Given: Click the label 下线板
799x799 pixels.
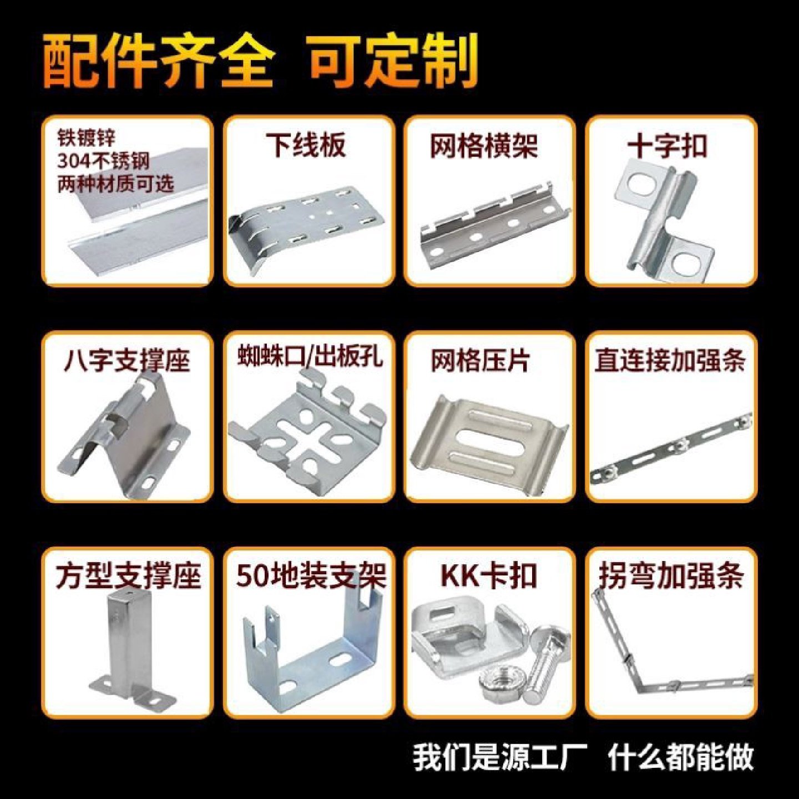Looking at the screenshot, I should coord(306,145).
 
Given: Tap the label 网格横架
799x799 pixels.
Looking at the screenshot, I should coord(484,146).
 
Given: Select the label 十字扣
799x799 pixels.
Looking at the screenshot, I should coord(667,146).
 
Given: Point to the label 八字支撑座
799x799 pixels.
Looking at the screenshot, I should coord(127,360).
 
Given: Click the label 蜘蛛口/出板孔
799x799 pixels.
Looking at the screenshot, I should coord(310,356).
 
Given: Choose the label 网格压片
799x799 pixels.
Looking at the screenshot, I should coord(481,361).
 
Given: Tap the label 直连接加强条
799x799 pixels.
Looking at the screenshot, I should coord(670,360).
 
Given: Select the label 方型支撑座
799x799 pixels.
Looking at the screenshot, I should coord(128,575).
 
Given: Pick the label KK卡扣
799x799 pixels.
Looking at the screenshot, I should coord(489,576).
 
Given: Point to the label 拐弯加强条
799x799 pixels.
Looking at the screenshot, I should coord(671,576).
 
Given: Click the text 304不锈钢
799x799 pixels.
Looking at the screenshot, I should coord(103,161).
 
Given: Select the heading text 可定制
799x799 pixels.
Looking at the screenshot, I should coord(393,60).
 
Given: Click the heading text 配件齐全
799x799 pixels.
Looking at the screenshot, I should coord(158,61).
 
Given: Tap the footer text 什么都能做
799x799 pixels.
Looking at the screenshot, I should coord(681,757).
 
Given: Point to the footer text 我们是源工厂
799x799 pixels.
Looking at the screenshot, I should coord(500,757).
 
